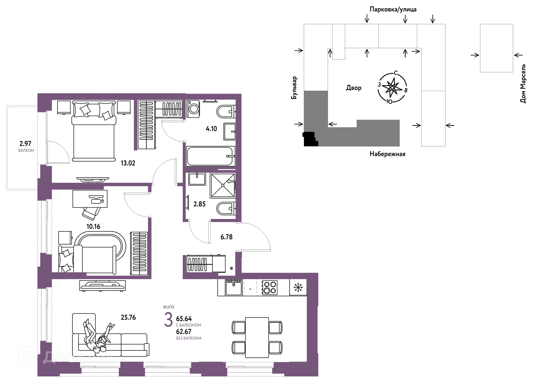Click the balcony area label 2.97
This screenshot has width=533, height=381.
[x=25, y=143]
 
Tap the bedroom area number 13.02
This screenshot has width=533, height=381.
[x=128, y=163]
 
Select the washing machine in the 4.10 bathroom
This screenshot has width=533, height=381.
[x=194, y=109]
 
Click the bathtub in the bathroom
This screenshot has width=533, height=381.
[x=210, y=156]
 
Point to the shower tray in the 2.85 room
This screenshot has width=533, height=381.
[x=223, y=185]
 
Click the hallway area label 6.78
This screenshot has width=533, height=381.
[x=227, y=237]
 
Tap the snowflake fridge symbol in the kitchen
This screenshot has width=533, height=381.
[x=298, y=287]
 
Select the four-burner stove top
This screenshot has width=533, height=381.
[x=270, y=287]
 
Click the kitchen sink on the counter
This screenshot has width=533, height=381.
[x=234, y=287]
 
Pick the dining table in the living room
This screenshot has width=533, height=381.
[x=257, y=337]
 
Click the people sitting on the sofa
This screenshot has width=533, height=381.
[x=99, y=336]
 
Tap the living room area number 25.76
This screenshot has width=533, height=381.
[x=128, y=317]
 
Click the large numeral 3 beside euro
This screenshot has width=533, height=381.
[x=168, y=319]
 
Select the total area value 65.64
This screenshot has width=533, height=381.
[x=184, y=319]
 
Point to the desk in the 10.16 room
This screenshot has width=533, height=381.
[x=90, y=199]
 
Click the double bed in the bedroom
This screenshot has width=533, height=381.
[x=94, y=131]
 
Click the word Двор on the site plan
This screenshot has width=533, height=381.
[x=354, y=88]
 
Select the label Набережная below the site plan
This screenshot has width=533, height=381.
[x=387, y=154]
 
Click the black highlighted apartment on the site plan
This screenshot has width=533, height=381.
[x=310, y=139]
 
